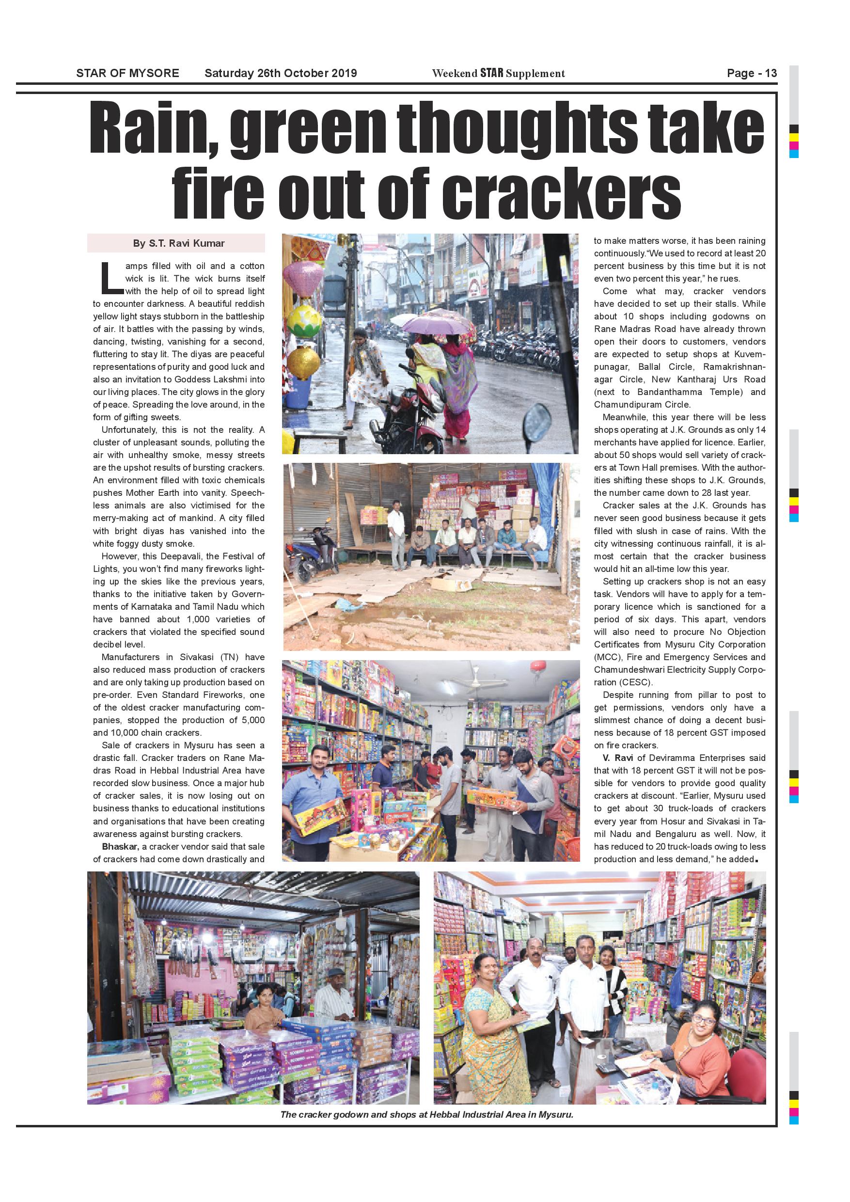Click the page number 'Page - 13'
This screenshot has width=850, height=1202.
752,73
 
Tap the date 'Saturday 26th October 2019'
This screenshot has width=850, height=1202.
281,73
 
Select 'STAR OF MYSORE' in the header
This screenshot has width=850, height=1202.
128,73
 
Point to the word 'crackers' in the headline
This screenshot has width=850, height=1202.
561,193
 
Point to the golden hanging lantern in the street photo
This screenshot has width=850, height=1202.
303,364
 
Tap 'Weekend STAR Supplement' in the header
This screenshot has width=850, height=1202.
498,73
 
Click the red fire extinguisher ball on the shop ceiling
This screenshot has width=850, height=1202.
535,667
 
